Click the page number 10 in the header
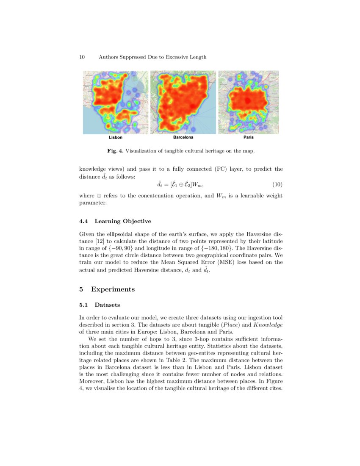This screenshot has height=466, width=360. coord(82,57)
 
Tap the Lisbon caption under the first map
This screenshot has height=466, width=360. coord(116,138)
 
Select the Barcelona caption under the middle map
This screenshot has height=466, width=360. coord(183,138)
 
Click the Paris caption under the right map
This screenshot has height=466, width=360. coord(249,138)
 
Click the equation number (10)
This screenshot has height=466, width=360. coord(276,184)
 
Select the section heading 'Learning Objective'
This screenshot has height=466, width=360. coord(123,221)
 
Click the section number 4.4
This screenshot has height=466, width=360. coord(84,221)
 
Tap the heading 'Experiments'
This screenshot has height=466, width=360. coord(113,289)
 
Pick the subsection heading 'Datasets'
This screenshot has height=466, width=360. coord(107,305)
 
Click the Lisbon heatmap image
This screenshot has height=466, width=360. coord(115,102)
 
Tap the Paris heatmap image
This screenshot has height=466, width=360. coord(249,102)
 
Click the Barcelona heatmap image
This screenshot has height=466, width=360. coord(183,102)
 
